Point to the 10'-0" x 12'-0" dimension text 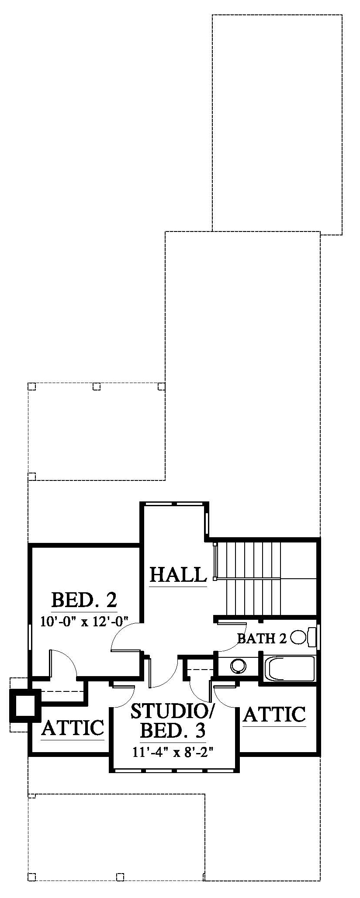point(84,622)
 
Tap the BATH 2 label point(262,639)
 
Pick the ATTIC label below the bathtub point(274,714)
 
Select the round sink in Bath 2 point(238,665)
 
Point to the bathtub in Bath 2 point(290,668)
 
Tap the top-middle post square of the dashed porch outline point(97,386)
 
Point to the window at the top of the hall point(174,504)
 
